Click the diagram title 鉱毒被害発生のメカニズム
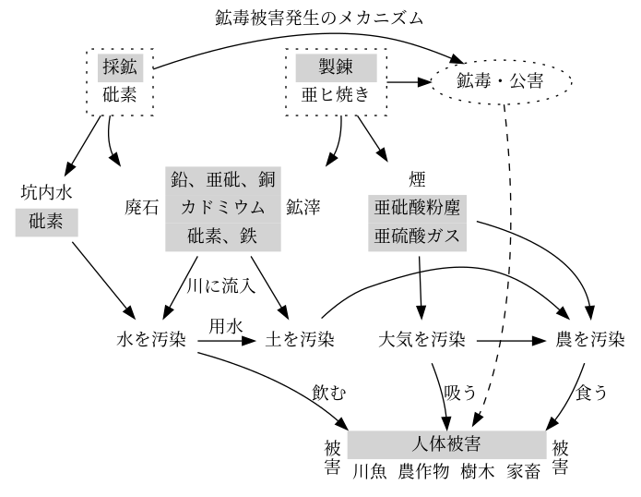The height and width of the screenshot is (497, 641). point(319,18)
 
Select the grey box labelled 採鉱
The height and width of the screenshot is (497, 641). point(120,67)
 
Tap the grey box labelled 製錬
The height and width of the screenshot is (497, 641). point(336,67)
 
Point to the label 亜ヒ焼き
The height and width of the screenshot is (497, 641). point(336,95)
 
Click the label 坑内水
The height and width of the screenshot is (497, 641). point(47,192)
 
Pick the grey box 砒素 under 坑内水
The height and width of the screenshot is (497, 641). point(47,223)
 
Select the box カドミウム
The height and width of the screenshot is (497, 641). point(223,209)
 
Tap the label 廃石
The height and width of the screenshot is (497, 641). point(141,208)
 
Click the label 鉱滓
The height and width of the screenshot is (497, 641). point(303,208)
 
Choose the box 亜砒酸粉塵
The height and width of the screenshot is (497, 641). point(418,209)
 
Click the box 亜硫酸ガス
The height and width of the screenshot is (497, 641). point(418,236)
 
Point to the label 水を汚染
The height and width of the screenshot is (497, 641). point(151,340)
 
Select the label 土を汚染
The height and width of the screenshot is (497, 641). point(300,340)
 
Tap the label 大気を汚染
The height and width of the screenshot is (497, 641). point(421,340)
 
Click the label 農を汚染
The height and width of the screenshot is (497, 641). point(590,340)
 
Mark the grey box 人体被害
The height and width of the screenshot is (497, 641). point(446,444)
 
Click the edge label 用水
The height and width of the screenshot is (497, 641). point(226,326)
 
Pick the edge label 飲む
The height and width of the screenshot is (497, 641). point(329,393)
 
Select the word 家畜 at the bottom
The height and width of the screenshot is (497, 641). point(524,471)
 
